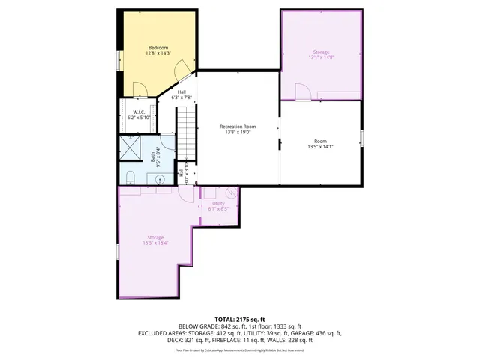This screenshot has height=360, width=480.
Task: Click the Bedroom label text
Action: (x=158, y=47)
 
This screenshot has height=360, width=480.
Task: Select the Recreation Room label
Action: (x=238, y=126)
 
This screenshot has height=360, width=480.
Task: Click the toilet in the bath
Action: (x=130, y=177)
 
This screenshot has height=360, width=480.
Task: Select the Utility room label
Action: (x=218, y=203)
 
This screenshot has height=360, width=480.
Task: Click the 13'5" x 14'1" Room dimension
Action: (x=320, y=147)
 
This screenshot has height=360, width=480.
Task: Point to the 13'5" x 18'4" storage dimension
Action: (x=155, y=243)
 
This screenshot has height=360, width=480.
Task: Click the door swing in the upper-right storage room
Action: (x=301, y=91)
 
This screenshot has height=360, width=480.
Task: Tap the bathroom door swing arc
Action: (x=183, y=166)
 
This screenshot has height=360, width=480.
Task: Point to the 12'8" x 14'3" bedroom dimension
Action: (x=158, y=53)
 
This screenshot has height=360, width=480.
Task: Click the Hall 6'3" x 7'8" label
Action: (x=181, y=94)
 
